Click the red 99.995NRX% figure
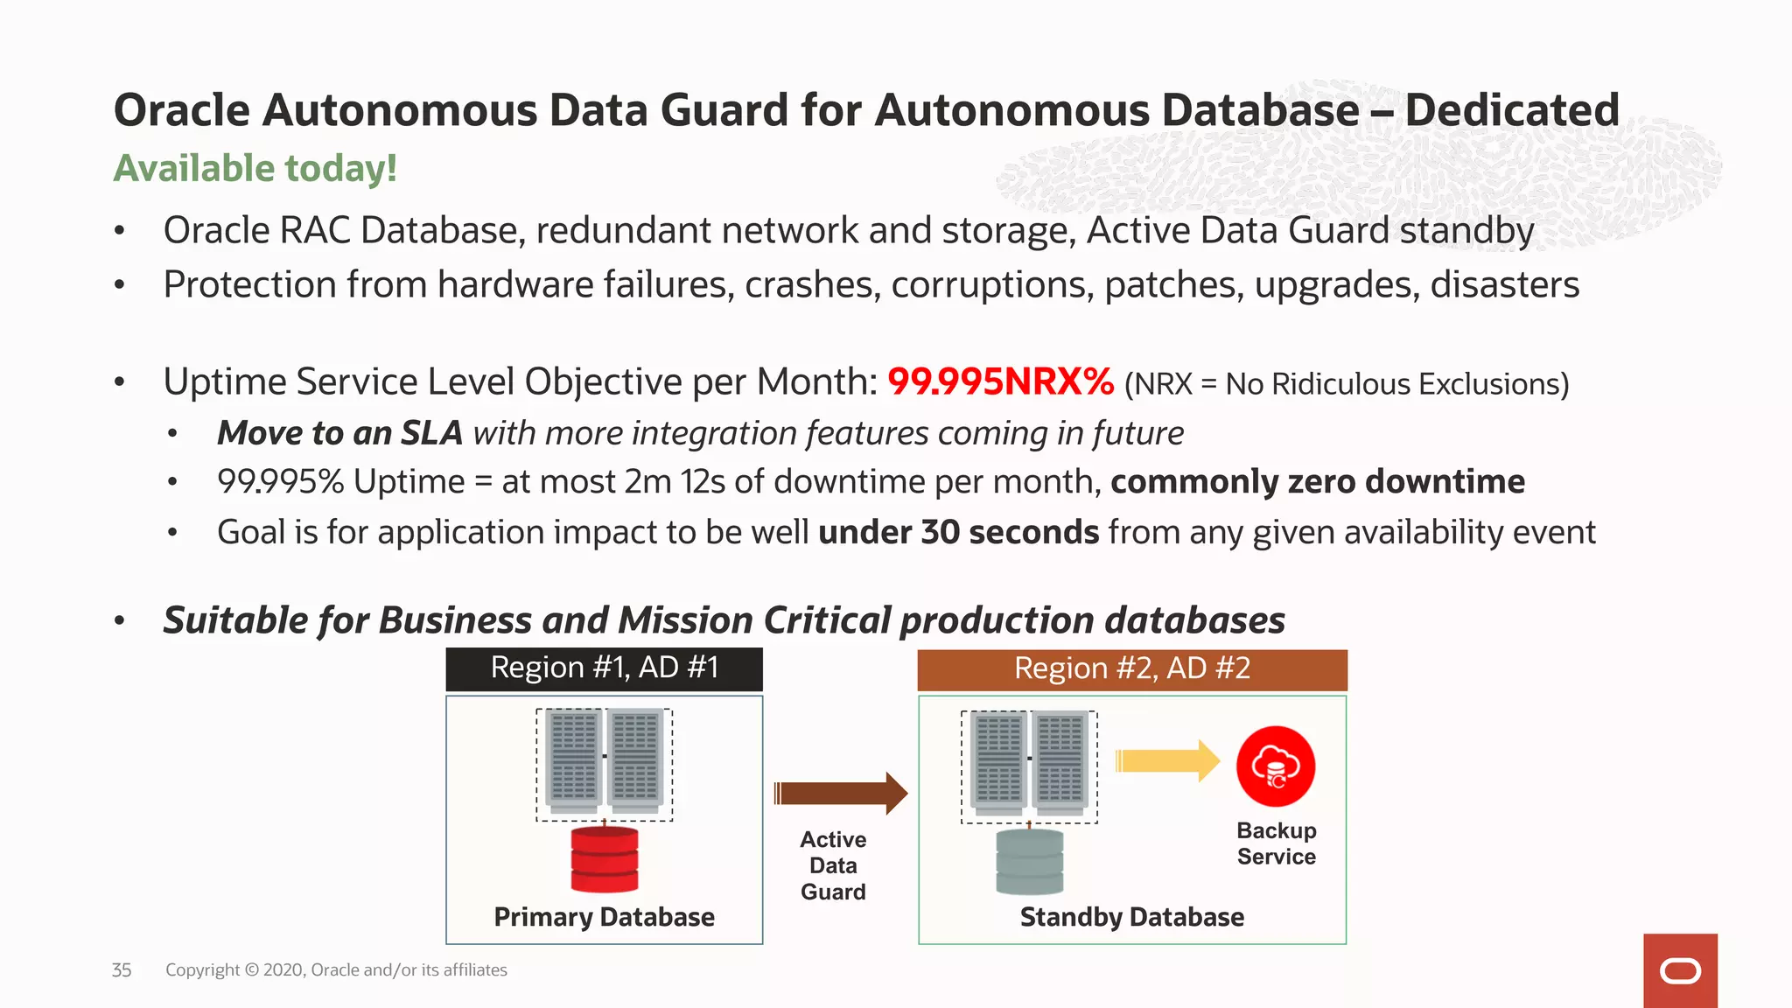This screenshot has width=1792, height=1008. (1000, 382)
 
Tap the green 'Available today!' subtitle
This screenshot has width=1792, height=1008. (255, 168)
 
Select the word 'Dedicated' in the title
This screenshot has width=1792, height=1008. (1512, 111)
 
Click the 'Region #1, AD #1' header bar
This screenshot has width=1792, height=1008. (604, 668)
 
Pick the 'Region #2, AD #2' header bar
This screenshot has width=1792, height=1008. (1131, 669)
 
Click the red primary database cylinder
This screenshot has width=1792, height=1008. (604, 859)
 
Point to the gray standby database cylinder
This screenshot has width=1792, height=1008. (1030, 862)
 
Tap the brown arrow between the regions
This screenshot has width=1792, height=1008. (840, 794)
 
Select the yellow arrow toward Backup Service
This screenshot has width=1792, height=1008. (1167, 760)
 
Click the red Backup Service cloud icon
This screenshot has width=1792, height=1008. (1275, 766)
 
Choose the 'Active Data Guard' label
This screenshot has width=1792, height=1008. (833, 865)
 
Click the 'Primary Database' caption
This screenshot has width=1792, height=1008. (604, 917)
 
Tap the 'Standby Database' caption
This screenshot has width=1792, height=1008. (1131, 917)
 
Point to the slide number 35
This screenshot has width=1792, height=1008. (122, 970)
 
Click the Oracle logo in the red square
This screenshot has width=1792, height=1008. (1679, 971)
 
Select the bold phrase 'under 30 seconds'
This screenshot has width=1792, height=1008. (958, 532)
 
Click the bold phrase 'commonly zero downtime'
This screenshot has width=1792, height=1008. (1317, 482)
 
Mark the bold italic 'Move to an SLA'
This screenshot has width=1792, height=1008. (339, 433)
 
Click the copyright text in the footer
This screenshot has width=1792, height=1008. (336, 970)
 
